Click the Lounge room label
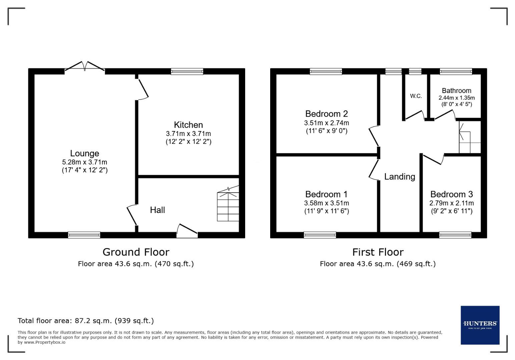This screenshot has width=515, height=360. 84,153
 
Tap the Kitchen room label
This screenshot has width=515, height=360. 188,125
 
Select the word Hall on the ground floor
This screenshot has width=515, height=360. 157,210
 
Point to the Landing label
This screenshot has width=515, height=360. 400,177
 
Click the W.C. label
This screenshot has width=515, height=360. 416,96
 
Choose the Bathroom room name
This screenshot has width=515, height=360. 456,91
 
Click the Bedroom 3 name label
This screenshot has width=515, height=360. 451,194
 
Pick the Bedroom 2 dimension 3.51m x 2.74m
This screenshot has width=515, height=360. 326,123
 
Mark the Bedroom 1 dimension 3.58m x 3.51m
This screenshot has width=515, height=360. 326,203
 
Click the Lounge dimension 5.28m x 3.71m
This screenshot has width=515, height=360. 84,162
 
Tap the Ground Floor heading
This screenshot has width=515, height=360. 136,252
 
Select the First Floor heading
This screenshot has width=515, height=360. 378,252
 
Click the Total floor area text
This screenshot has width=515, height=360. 86,321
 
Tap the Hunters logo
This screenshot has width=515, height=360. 480,325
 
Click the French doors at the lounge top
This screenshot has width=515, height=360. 85,66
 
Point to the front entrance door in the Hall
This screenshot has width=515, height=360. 187,231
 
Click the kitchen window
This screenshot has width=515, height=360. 187,71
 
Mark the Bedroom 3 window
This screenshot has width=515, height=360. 455,235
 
